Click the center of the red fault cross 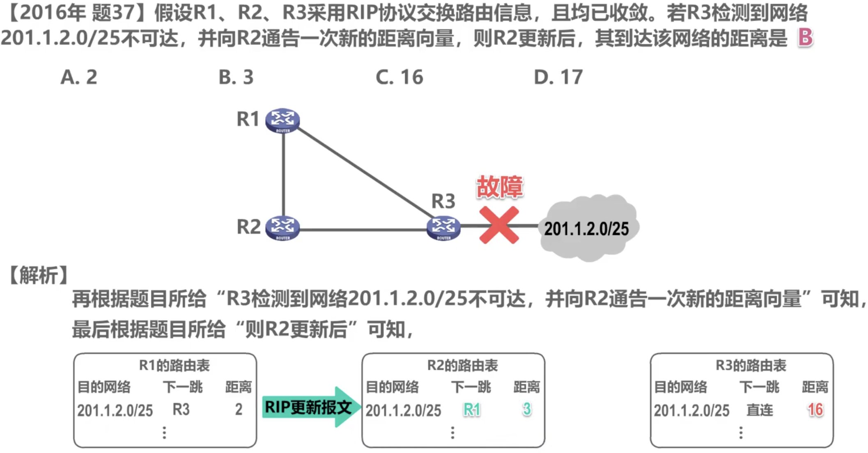(x=499, y=225)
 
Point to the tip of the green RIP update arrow (x=361, y=407)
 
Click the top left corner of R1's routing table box (x=74, y=354)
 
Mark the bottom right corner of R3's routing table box (x=833, y=447)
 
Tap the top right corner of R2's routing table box (x=544, y=354)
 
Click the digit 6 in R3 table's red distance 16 (x=819, y=409)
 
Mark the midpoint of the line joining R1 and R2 (x=283, y=174)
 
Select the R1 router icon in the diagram (x=282, y=120)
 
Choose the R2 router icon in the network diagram (x=282, y=228)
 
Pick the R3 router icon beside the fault (x=443, y=228)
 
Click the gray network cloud (x=588, y=228)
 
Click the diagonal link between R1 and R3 (x=365, y=173)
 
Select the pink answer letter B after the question (x=805, y=37)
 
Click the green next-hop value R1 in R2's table (x=472, y=409)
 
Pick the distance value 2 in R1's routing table (x=239, y=409)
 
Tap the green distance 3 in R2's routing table (x=527, y=409)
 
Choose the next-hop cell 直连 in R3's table (x=760, y=410)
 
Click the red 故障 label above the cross (x=499, y=187)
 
